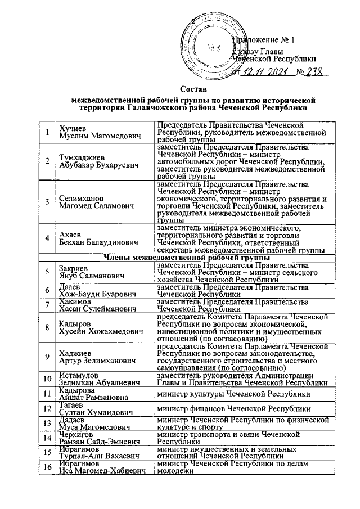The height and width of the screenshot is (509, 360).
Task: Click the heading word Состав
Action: [193, 88]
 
